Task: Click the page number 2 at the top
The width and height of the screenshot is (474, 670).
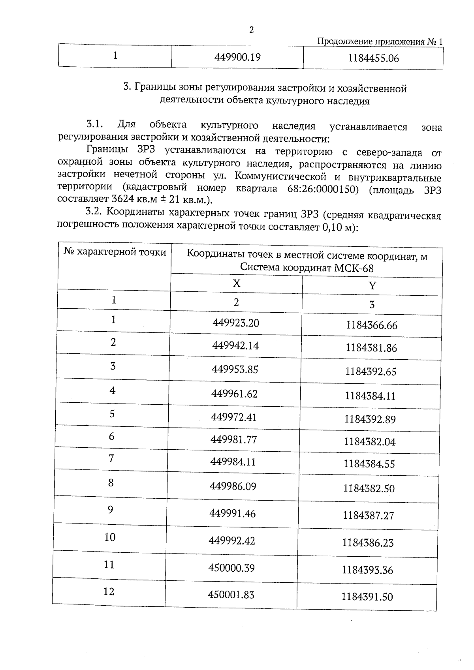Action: (251, 30)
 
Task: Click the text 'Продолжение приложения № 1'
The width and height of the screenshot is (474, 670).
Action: (380, 42)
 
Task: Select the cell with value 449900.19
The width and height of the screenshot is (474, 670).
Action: (237, 57)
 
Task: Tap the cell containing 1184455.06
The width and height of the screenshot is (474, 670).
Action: (373, 58)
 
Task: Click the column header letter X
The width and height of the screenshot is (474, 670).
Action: (236, 283)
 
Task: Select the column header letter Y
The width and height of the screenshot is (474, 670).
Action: (372, 286)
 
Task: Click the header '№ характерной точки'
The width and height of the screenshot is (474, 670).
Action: (115, 252)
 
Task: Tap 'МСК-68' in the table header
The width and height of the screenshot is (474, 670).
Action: (354, 268)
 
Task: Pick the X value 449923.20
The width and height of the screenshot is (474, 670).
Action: (236, 323)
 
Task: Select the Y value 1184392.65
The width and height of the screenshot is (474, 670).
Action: (371, 372)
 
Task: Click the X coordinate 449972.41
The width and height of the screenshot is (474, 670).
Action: (234, 417)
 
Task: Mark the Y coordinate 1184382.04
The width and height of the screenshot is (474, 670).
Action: (370, 441)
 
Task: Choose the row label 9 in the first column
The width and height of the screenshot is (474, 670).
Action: (110, 510)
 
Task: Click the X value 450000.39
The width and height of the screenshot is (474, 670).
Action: (231, 568)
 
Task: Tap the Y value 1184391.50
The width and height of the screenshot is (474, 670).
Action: (367, 597)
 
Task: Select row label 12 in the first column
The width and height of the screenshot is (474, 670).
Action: (109, 591)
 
